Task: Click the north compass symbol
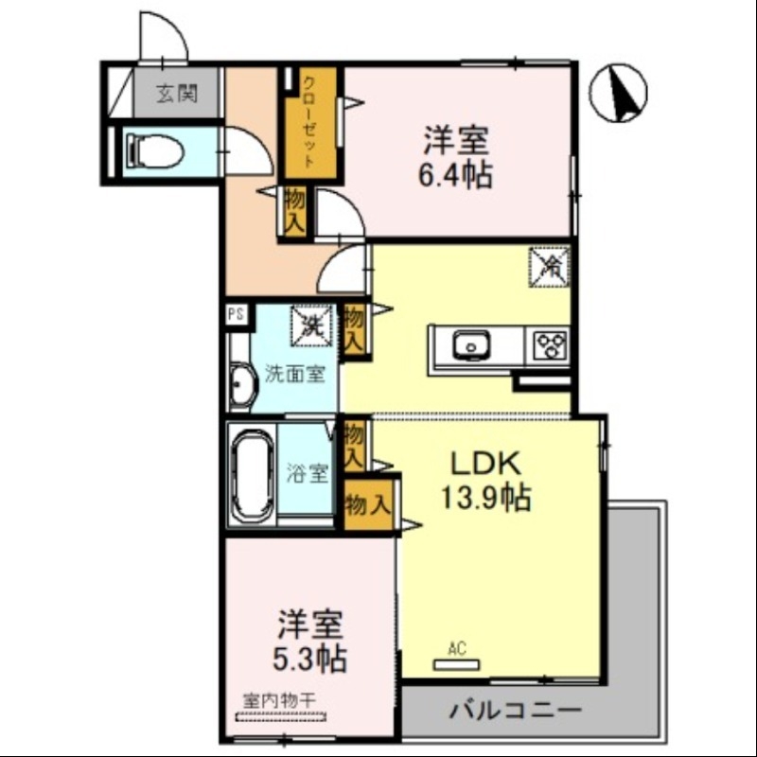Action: coord(618,94)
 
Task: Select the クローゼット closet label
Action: coord(308,120)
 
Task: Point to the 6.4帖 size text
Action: coord(455,175)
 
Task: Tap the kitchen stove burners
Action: coord(552,344)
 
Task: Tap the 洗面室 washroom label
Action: coord(294,374)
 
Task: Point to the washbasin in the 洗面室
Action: coord(241,386)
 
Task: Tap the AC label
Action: coord(457,649)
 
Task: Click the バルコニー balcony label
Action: coord(516,709)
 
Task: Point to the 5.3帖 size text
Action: coord(309,656)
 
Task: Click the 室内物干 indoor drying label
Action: coord(279,701)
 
